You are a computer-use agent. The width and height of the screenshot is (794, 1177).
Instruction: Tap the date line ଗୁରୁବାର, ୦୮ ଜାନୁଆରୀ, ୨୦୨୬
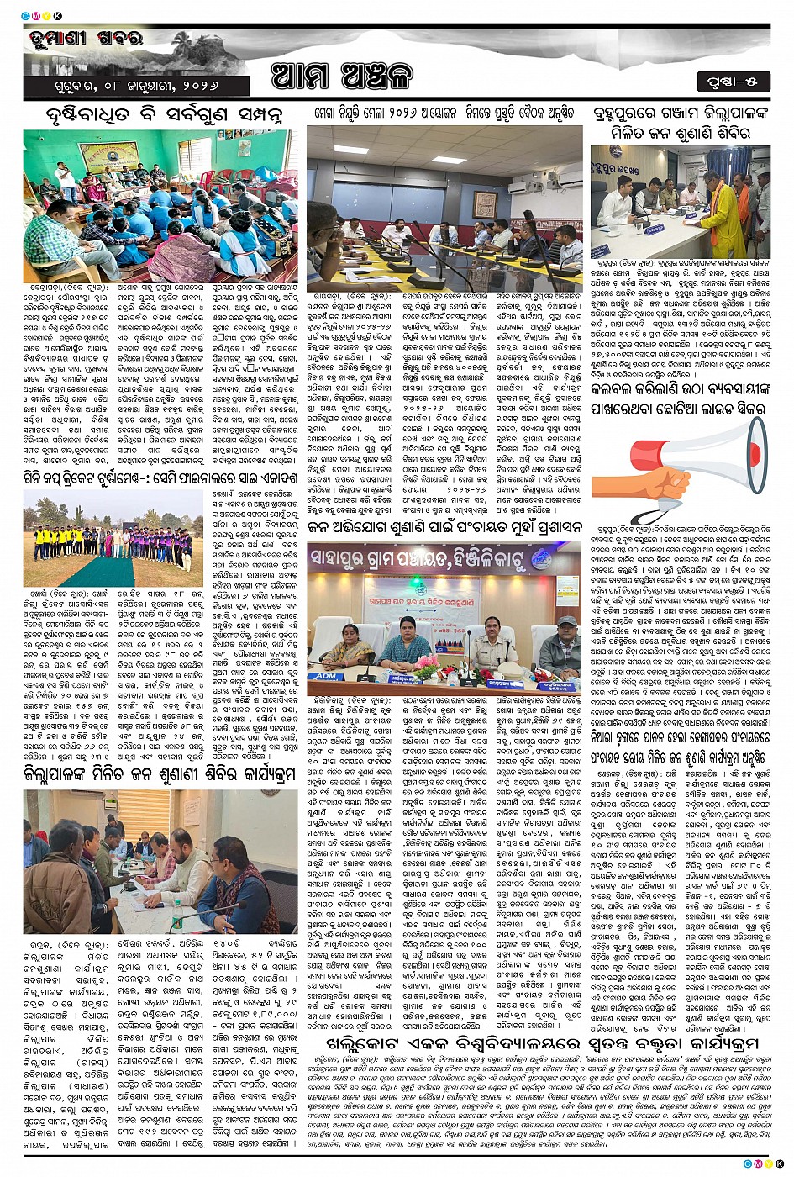point(127,87)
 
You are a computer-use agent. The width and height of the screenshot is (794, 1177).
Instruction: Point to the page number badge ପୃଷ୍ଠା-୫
point(730,81)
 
